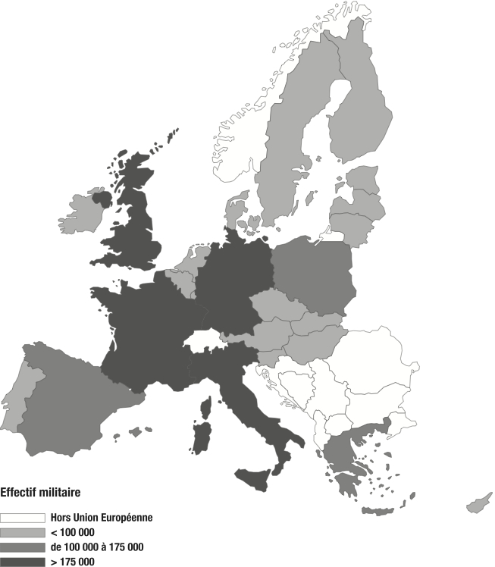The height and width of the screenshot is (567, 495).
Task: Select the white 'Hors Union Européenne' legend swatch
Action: tap(22, 518)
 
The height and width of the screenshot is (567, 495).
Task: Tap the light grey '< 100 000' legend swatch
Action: tap(22, 532)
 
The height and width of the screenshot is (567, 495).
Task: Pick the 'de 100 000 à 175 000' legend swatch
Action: tap(22, 547)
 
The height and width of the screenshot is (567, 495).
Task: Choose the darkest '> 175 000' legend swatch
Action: tap(22, 561)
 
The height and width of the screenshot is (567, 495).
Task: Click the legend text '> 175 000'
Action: tap(73, 561)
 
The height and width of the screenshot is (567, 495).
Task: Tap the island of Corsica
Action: tap(205, 407)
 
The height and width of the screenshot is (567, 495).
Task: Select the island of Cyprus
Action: tap(478, 503)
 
